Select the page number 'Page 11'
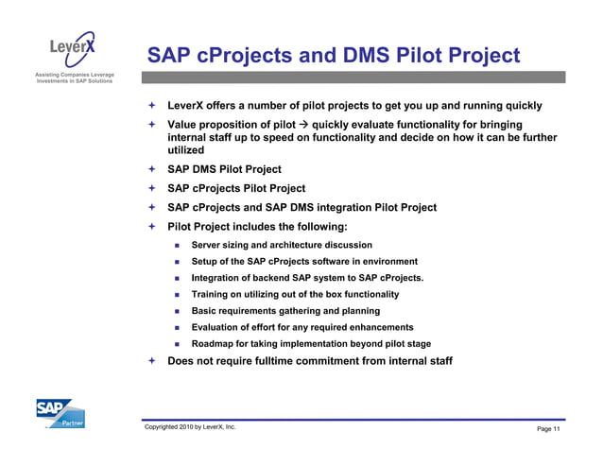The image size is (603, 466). click(548, 430)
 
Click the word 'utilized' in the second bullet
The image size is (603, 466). click(186, 150)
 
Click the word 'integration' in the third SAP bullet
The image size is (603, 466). click(328, 208)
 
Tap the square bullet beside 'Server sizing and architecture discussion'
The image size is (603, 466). click(177, 246)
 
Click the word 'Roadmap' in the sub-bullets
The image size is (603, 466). click(215, 344)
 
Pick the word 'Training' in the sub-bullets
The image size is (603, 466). click(213, 295)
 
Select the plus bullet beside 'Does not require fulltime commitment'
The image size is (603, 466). click(149, 361)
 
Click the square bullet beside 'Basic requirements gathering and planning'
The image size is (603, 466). click(177, 311)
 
